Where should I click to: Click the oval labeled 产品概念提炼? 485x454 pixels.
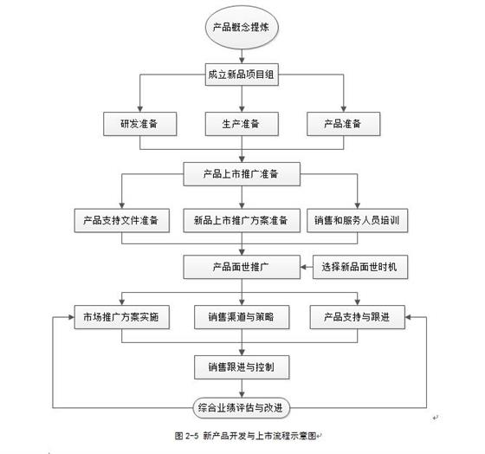pyautogui.click(x=242, y=27)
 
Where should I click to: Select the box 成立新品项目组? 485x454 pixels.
pyautogui.click(x=242, y=75)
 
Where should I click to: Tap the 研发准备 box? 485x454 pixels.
pyautogui.click(x=139, y=124)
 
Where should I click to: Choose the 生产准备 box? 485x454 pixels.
pyautogui.click(x=242, y=124)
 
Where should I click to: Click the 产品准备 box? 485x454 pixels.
pyautogui.click(x=343, y=124)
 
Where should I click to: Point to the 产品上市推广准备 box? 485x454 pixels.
pyautogui.click(x=242, y=174)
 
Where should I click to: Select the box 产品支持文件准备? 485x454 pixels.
pyautogui.click(x=122, y=220)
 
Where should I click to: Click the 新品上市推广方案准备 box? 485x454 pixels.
pyautogui.click(x=242, y=220)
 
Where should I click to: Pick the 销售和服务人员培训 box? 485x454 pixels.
pyautogui.click(x=357, y=220)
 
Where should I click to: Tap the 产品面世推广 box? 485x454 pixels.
pyautogui.click(x=242, y=267)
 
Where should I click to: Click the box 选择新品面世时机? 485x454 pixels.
pyautogui.click(x=360, y=267)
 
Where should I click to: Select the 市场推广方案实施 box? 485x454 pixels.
pyautogui.click(x=122, y=317)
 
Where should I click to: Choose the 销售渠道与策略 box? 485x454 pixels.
pyautogui.click(x=242, y=317)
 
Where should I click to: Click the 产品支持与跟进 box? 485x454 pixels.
pyautogui.click(x=357, y=317)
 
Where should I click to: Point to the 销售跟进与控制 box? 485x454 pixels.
pyautogui.click(x=242, y=367)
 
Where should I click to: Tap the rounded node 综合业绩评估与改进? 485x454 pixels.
pyautogui.click(x=242, y=408)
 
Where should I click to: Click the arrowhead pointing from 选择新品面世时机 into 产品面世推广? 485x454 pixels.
pyautogui.click(x=303, y=267)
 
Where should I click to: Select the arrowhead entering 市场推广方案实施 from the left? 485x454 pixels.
pyautogui.click(x=71, y=317)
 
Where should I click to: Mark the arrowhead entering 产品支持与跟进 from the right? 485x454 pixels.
pyautogui.click(x=408, y=317)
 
